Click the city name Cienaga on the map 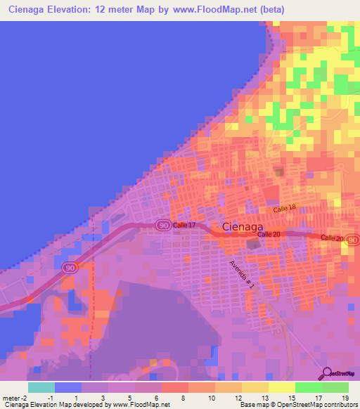point(243,227)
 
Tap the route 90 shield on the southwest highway point(69,267)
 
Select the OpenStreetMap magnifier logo point(326,375)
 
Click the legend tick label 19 point(345,398)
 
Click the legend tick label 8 point(182,398)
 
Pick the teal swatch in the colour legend point(41,387)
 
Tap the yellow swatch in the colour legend point(281,387)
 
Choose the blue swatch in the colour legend point(67,387)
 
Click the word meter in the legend point(11,398)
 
